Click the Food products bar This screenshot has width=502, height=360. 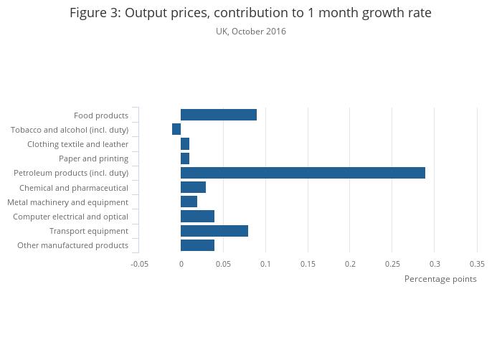pos(219,115)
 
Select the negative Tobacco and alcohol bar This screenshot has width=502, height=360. pos(176,129)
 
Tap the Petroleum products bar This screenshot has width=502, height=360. pos(303,173)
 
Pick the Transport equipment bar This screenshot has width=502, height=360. pos(214,231)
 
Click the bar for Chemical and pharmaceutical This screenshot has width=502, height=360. pos(193,187)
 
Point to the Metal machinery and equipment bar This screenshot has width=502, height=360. pos(189,202)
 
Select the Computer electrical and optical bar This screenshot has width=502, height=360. pos(197,217)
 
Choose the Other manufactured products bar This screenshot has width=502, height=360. pos(197,245)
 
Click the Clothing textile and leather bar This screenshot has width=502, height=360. pos(185,143)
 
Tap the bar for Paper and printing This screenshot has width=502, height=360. pos(185,158)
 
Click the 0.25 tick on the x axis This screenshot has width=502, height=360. pos(392,264)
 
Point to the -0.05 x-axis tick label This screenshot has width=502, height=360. pos(139,264)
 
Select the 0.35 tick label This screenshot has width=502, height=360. pos(477,264)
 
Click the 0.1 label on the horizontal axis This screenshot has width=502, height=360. pos(265,264)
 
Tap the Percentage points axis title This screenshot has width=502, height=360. pos(440,279)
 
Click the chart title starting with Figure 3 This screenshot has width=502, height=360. pos(251,13)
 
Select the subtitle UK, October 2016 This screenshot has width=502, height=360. pos(251,32)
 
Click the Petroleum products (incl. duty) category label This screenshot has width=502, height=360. pos(71,173)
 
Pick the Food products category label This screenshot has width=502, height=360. pos(101,115)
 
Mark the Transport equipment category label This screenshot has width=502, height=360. pos(89,231)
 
